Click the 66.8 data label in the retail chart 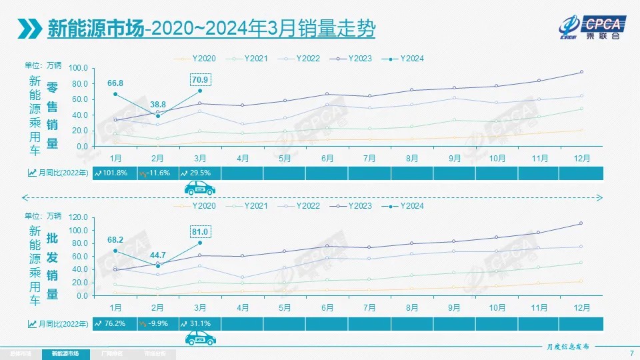point(115,83)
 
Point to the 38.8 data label point(157,105)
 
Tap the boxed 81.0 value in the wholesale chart point(201,232)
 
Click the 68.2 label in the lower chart point(115,240)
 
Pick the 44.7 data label point(157,255)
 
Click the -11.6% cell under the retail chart point(157,173)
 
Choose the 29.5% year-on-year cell point(199,173)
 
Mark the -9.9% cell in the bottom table point(157,323)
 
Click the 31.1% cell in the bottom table point(199,323)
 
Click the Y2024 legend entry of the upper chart point(407,59)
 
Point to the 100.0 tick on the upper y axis point(78,68)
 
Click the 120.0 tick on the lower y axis point(78,217)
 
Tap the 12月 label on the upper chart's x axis point(581,158)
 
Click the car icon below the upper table point(199,189)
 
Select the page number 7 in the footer point(631,353)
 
